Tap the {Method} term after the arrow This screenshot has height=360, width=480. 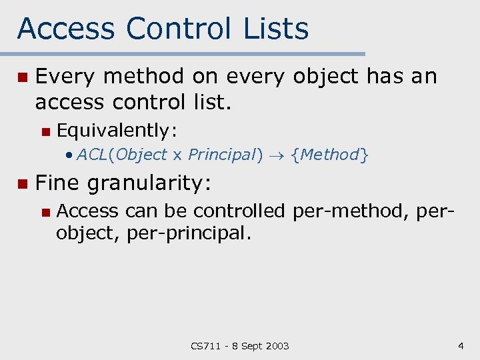coord(330,155)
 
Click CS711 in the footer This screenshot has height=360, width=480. coord(205,345)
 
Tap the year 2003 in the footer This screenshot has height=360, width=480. coord(276,345)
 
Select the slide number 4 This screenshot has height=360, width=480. coord(461,345)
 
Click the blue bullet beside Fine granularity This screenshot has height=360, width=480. coord(22,183)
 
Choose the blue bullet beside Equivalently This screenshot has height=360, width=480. coord(45,131)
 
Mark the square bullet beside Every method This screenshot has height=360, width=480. coord(22,78)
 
